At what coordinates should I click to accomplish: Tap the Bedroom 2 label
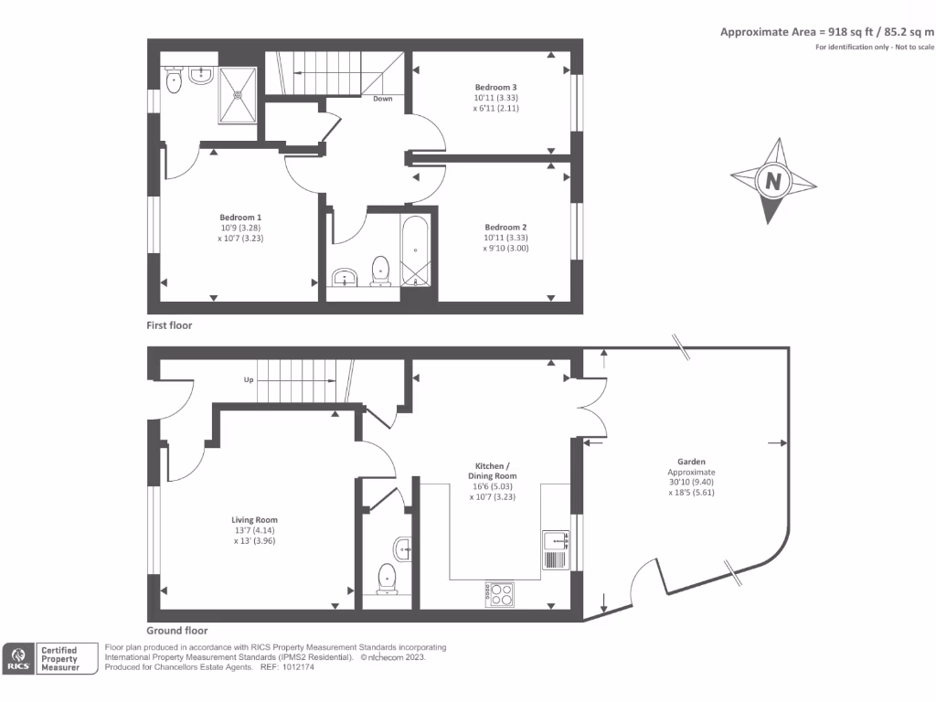click(x=505, y=227)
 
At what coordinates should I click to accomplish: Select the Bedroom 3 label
click(x=495, y=87)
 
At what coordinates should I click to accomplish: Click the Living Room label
click(x=254, y=520)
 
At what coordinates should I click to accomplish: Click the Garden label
click(x=691, y=462)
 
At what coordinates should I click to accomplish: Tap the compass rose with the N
click(x=774, y=181)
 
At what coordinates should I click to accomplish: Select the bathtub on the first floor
click(x=416, y=250)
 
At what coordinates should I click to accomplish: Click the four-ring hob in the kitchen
click(x=499, y=594)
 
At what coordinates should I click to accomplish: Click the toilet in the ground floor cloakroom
click(x=388, y=579)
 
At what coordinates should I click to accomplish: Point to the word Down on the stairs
click(x=383, y=99)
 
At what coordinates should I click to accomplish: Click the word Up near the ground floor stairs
click(x=248, y=379)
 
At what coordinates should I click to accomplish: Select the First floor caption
click(x=169, y=325)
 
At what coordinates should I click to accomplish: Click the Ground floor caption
click(x=176, y=631)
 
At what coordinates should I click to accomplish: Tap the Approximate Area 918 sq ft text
click(x=826, y=32)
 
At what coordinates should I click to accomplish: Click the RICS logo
click(x=19, y=658)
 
